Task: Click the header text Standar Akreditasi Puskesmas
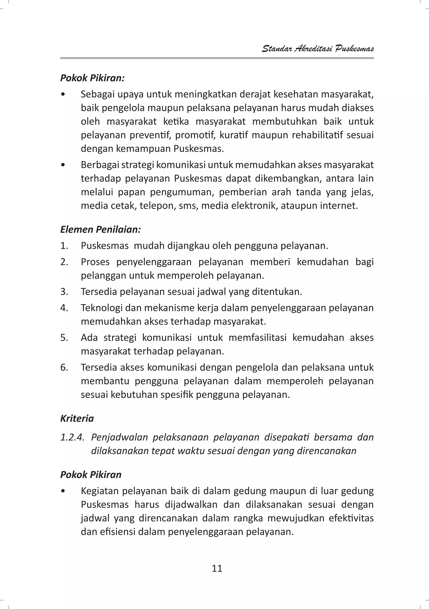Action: [318, 49]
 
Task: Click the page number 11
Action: [217, 568]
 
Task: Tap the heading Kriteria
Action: [77, 418]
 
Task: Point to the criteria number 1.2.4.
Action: [72, 437]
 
